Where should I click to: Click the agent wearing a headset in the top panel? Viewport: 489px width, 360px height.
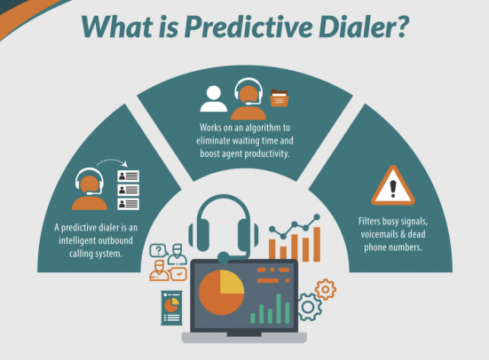click(248, 98)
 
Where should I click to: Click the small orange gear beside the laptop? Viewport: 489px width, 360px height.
click(326, 288)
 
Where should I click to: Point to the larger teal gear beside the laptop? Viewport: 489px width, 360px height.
click(310, 306)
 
